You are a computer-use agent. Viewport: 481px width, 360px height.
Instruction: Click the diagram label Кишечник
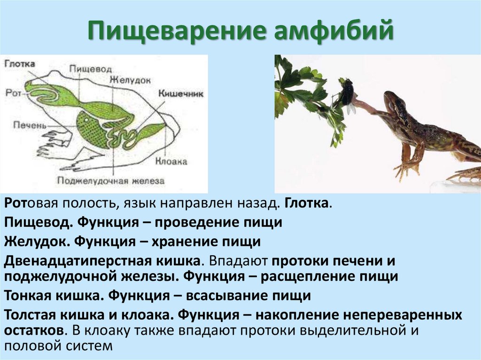click(x=181, y=93)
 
